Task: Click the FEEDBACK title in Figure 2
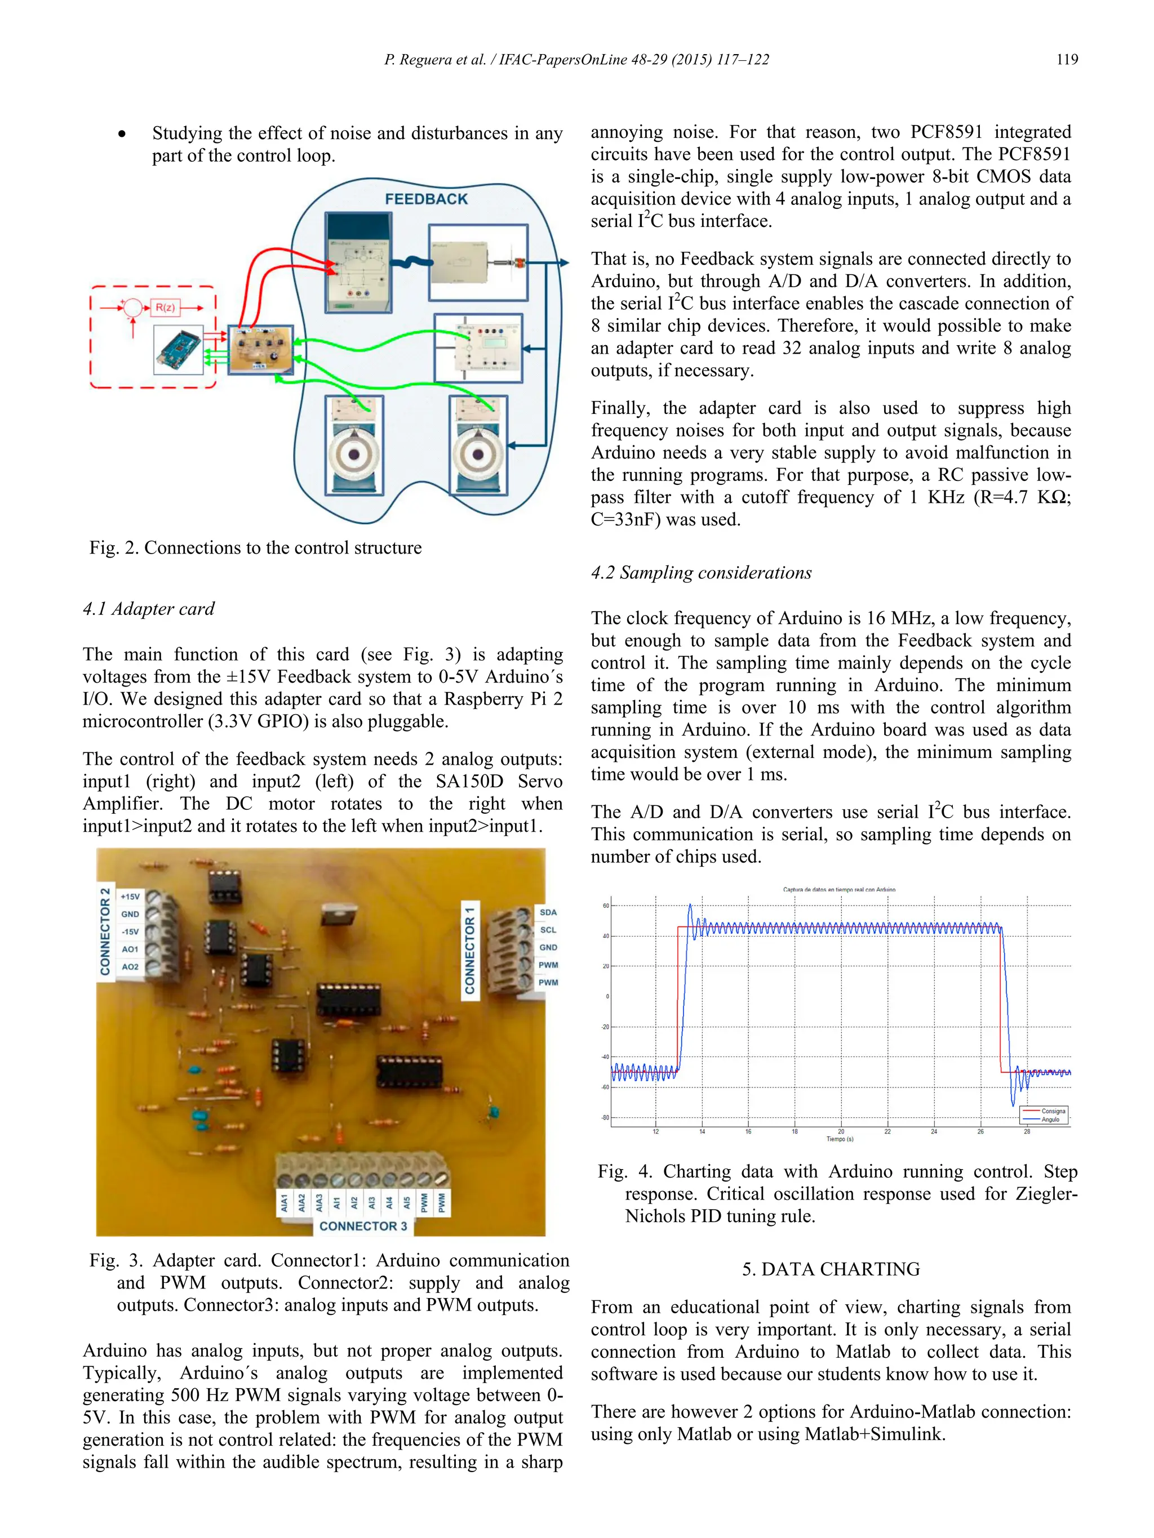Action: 426,199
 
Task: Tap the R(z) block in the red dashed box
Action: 165,307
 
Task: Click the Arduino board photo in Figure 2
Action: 179,350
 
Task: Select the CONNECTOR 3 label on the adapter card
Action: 363,1226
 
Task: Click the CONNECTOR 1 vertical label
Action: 471,950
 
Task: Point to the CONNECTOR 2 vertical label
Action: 105,931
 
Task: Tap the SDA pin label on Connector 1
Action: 548,912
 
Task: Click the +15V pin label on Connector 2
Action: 130,896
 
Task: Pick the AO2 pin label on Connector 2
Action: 130,966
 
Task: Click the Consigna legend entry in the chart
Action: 1053,1111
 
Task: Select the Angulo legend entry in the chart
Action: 1050,1120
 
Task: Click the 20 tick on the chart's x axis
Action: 840,1131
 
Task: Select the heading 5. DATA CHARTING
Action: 830,1269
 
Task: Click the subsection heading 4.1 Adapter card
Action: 148,609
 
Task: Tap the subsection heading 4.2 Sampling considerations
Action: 700,573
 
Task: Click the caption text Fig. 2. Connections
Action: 255,548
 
